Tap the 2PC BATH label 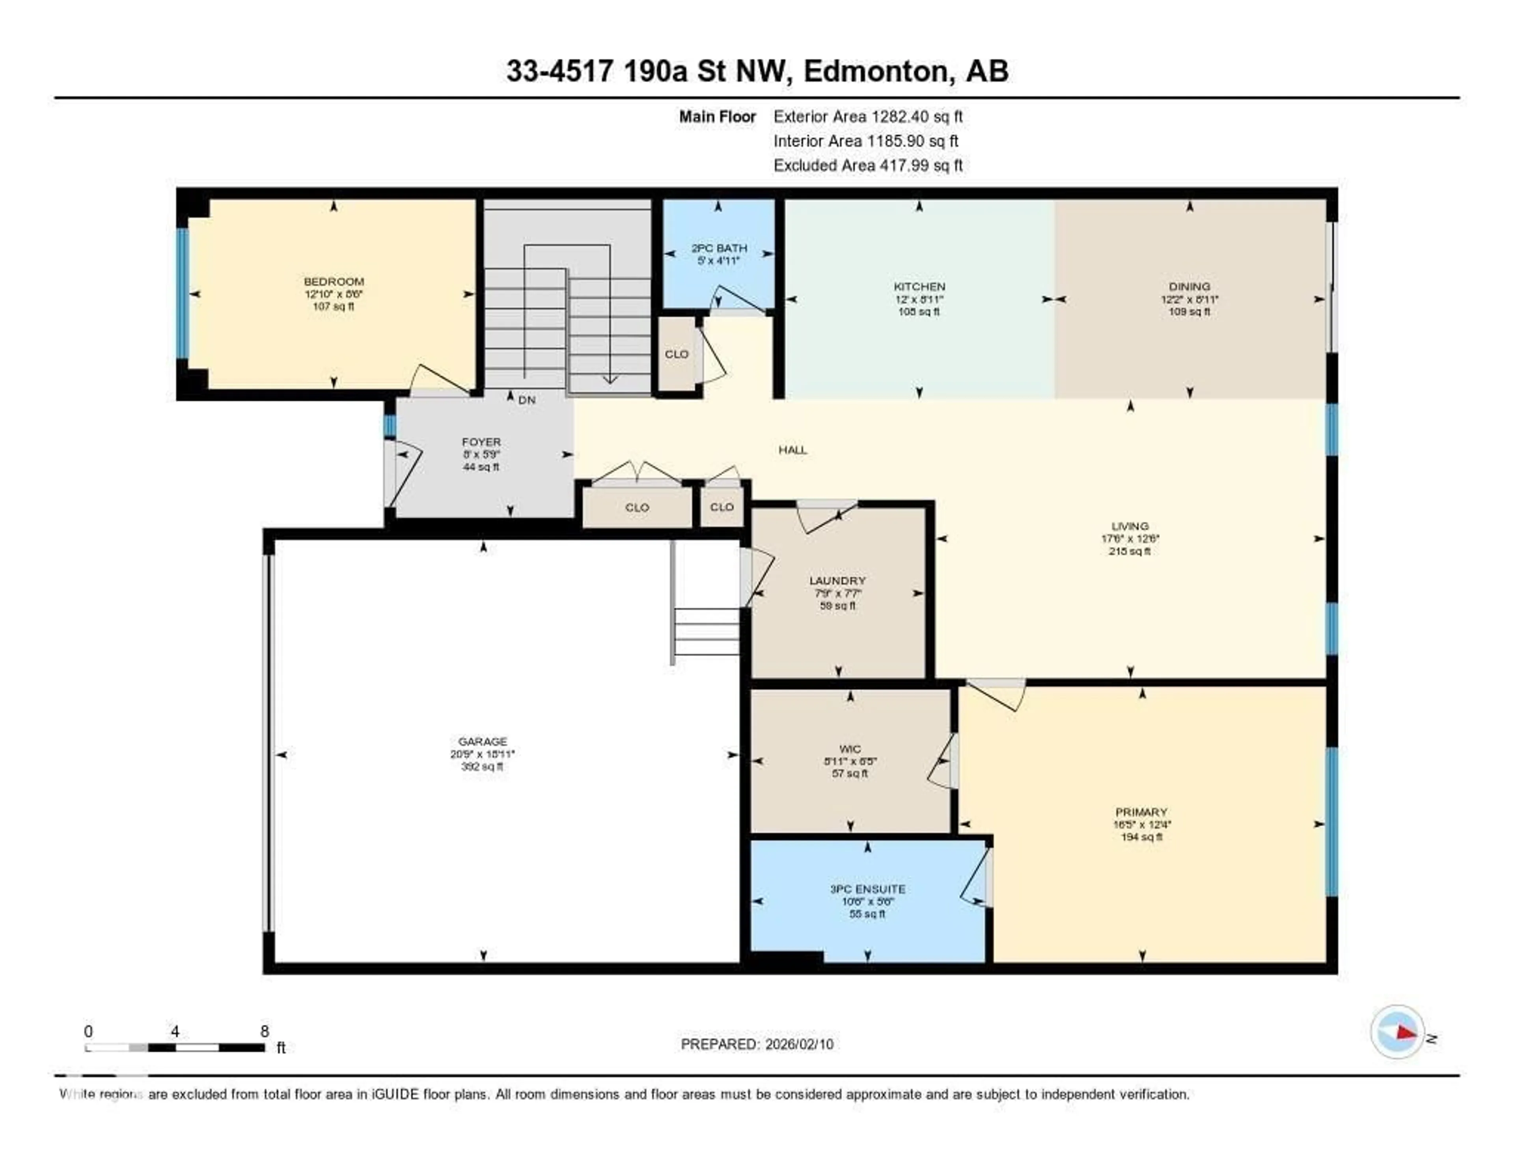tap(719, 248)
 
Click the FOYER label tap(481, 442)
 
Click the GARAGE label tap(483, 741)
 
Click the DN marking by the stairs tap(527, 400)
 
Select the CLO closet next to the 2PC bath tap(677, 354)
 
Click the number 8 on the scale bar tap(264, 1031)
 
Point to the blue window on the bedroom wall tap(182, 293)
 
